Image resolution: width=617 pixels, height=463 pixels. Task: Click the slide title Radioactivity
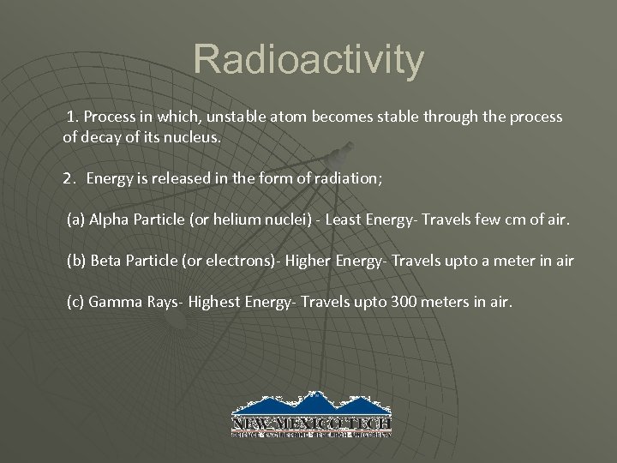point(308,60)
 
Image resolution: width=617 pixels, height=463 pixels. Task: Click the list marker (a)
point(75,221)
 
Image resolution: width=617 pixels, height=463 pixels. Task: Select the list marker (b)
point(75,261)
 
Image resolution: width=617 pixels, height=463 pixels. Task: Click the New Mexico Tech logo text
point(311,424)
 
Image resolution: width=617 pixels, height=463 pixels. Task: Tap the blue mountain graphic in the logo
point(311,403)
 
